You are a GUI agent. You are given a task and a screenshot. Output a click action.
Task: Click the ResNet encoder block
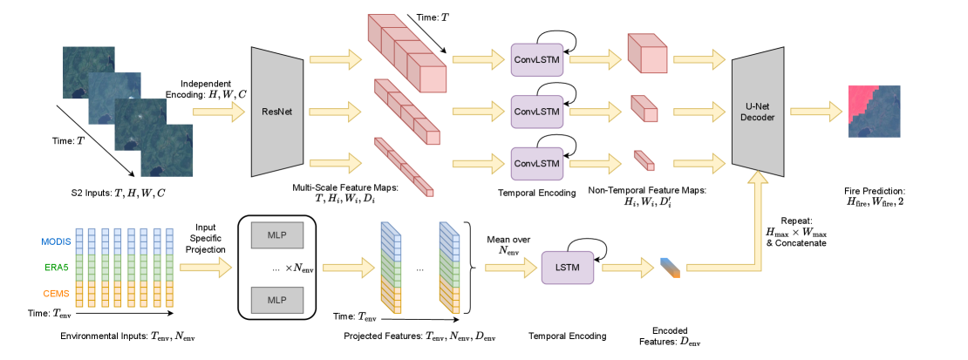[x=276, y=112]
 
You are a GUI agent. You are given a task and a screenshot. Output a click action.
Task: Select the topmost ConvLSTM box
[x=537, y=59]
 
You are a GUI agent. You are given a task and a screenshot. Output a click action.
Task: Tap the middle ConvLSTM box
[x=537, y=112]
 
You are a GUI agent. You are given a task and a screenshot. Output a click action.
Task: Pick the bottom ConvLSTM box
[x=537, y=163]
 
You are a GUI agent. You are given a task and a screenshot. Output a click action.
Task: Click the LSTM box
[x=567, y=268]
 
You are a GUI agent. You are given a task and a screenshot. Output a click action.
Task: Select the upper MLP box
[x=276, y=234]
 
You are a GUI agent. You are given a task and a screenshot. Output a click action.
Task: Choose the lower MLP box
[x=276, y=300]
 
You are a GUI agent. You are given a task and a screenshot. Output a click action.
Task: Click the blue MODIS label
[x=56, y=241]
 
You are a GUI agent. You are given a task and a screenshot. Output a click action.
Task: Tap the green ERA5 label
[x=58, y=268]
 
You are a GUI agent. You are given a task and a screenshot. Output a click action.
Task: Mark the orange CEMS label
[x=57, y=294]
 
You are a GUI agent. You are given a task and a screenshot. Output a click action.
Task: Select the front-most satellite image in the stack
[x=167, y=150]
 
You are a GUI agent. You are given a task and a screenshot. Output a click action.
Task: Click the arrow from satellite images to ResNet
[x=219, y=112]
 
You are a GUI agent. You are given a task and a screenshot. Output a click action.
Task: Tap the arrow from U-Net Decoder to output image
[x=815, y=112]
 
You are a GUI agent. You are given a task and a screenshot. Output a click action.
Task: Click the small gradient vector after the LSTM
[x=669, y=268]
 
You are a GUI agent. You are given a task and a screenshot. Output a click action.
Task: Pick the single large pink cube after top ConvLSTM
[x=647, y=54]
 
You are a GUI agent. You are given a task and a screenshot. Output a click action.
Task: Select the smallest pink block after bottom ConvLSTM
[x=644, y=161]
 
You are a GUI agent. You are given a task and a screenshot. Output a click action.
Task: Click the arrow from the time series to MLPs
[x=206, y=268]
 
